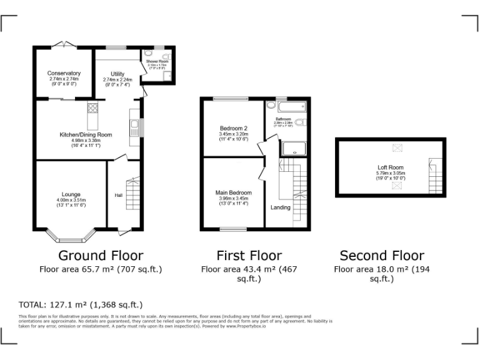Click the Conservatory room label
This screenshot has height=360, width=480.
tap(64, 73)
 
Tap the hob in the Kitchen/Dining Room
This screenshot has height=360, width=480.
tap(92, 109)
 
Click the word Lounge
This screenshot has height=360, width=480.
tap(70, 194)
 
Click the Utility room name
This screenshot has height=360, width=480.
tap(117, 74)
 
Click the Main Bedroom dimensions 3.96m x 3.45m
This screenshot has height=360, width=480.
tap(234, 199)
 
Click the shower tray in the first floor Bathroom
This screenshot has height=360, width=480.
tap(292, 149)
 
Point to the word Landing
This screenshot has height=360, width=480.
tap(280, 207)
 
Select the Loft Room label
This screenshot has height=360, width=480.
tap(390, 167)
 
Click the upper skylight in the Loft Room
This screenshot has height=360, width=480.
tap(395, 148)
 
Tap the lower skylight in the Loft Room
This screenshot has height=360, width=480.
tap(395, 186)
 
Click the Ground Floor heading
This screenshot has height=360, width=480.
tap(101, 256)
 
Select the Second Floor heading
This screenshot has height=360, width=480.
tap(382, 256)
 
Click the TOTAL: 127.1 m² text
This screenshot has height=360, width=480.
tap(81, 305)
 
